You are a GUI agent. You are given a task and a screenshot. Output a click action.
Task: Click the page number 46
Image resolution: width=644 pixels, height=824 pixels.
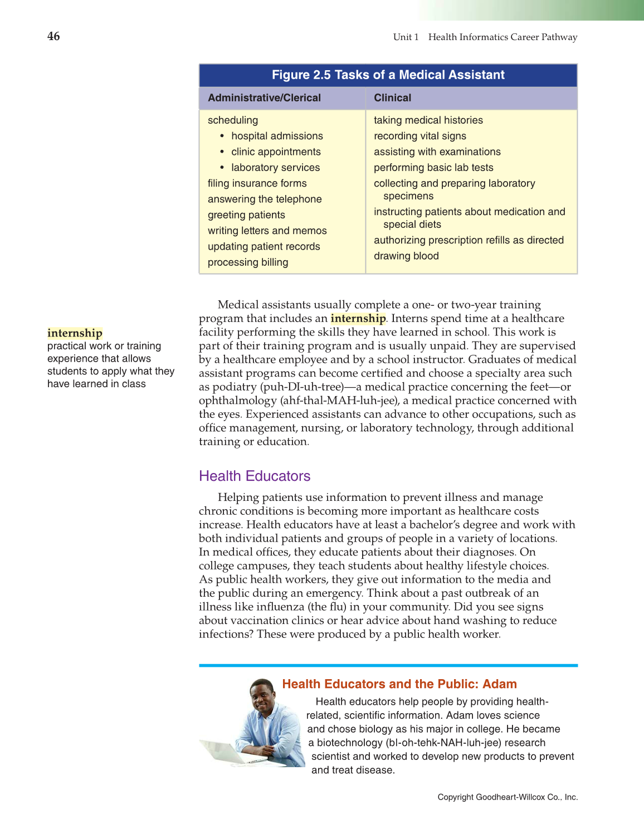[53, 36]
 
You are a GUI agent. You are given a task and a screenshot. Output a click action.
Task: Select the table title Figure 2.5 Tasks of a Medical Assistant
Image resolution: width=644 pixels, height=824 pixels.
[388, 75]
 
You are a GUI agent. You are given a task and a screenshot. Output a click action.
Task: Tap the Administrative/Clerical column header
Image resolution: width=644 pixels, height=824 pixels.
[264, 98]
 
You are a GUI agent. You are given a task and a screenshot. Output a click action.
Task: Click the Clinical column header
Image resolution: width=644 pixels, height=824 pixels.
[392, 98]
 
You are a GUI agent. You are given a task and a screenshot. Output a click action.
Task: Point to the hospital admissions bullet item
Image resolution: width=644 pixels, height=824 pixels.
[277, 136]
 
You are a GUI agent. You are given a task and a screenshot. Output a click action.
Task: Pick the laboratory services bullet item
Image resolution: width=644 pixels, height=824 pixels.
[275, 168]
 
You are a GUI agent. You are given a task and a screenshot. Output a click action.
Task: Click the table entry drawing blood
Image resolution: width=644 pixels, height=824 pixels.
[406, 256]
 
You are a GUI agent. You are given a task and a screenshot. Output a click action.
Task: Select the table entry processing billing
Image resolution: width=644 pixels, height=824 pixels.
[248, 262]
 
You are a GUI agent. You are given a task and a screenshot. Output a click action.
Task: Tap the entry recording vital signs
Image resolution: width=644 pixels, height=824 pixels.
[419, 136]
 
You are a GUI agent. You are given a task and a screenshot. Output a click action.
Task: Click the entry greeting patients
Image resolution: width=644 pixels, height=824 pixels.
[246, 215]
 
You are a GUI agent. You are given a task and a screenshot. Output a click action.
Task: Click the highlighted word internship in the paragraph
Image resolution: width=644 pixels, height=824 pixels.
[358, 319]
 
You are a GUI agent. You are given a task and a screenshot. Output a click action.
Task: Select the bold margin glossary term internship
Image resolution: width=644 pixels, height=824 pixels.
[75, 333]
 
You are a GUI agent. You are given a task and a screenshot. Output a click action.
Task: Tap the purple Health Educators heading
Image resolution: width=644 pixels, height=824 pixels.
[255, 476]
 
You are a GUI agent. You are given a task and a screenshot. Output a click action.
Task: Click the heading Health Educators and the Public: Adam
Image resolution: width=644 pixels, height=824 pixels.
[399, 684]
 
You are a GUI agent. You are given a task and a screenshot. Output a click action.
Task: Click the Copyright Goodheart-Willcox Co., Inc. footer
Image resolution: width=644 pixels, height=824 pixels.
[508, 797]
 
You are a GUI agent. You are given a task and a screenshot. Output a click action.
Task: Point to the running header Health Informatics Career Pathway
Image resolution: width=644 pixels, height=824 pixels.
[502, 37]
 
